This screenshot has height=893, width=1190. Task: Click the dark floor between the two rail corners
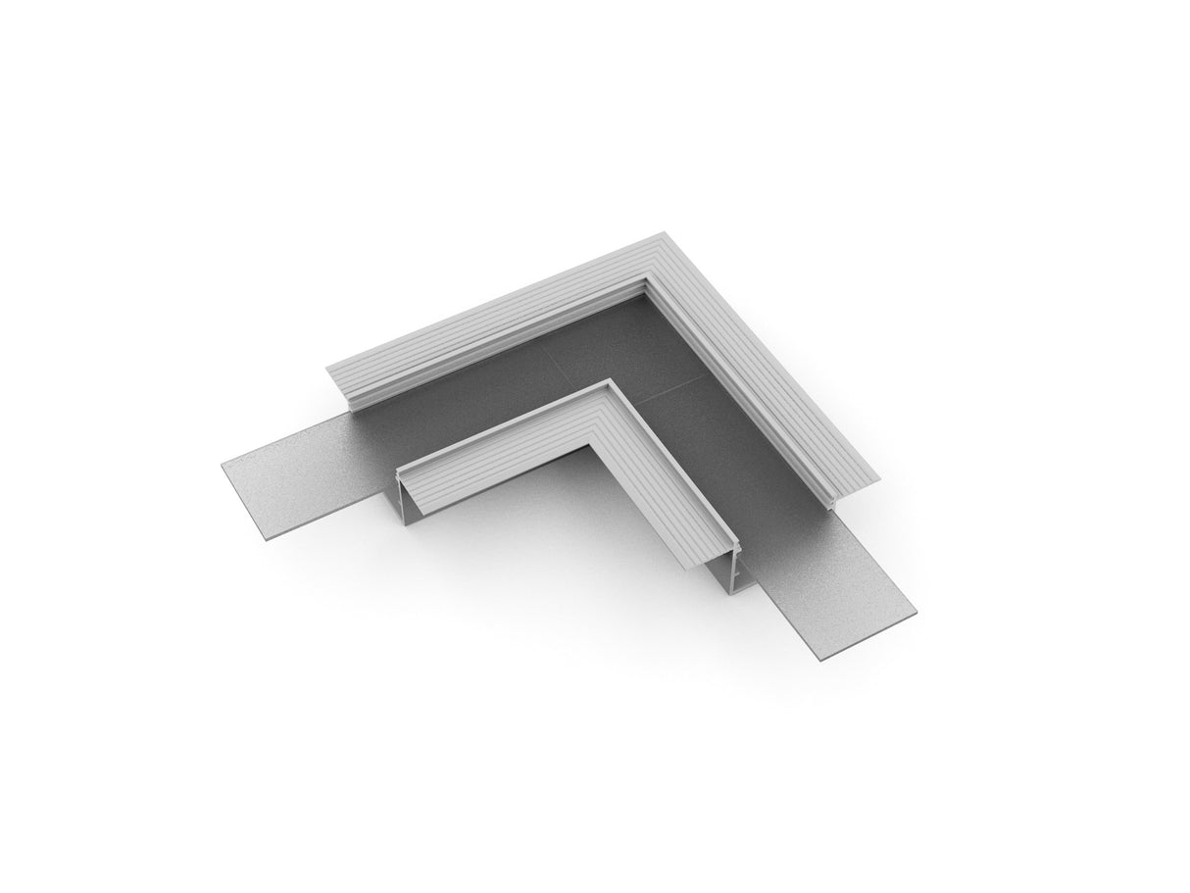(x=627, y=343)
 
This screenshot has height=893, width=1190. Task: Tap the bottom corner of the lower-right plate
(x=820, y=661)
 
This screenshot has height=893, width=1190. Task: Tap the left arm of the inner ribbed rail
(x=500, y=441)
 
